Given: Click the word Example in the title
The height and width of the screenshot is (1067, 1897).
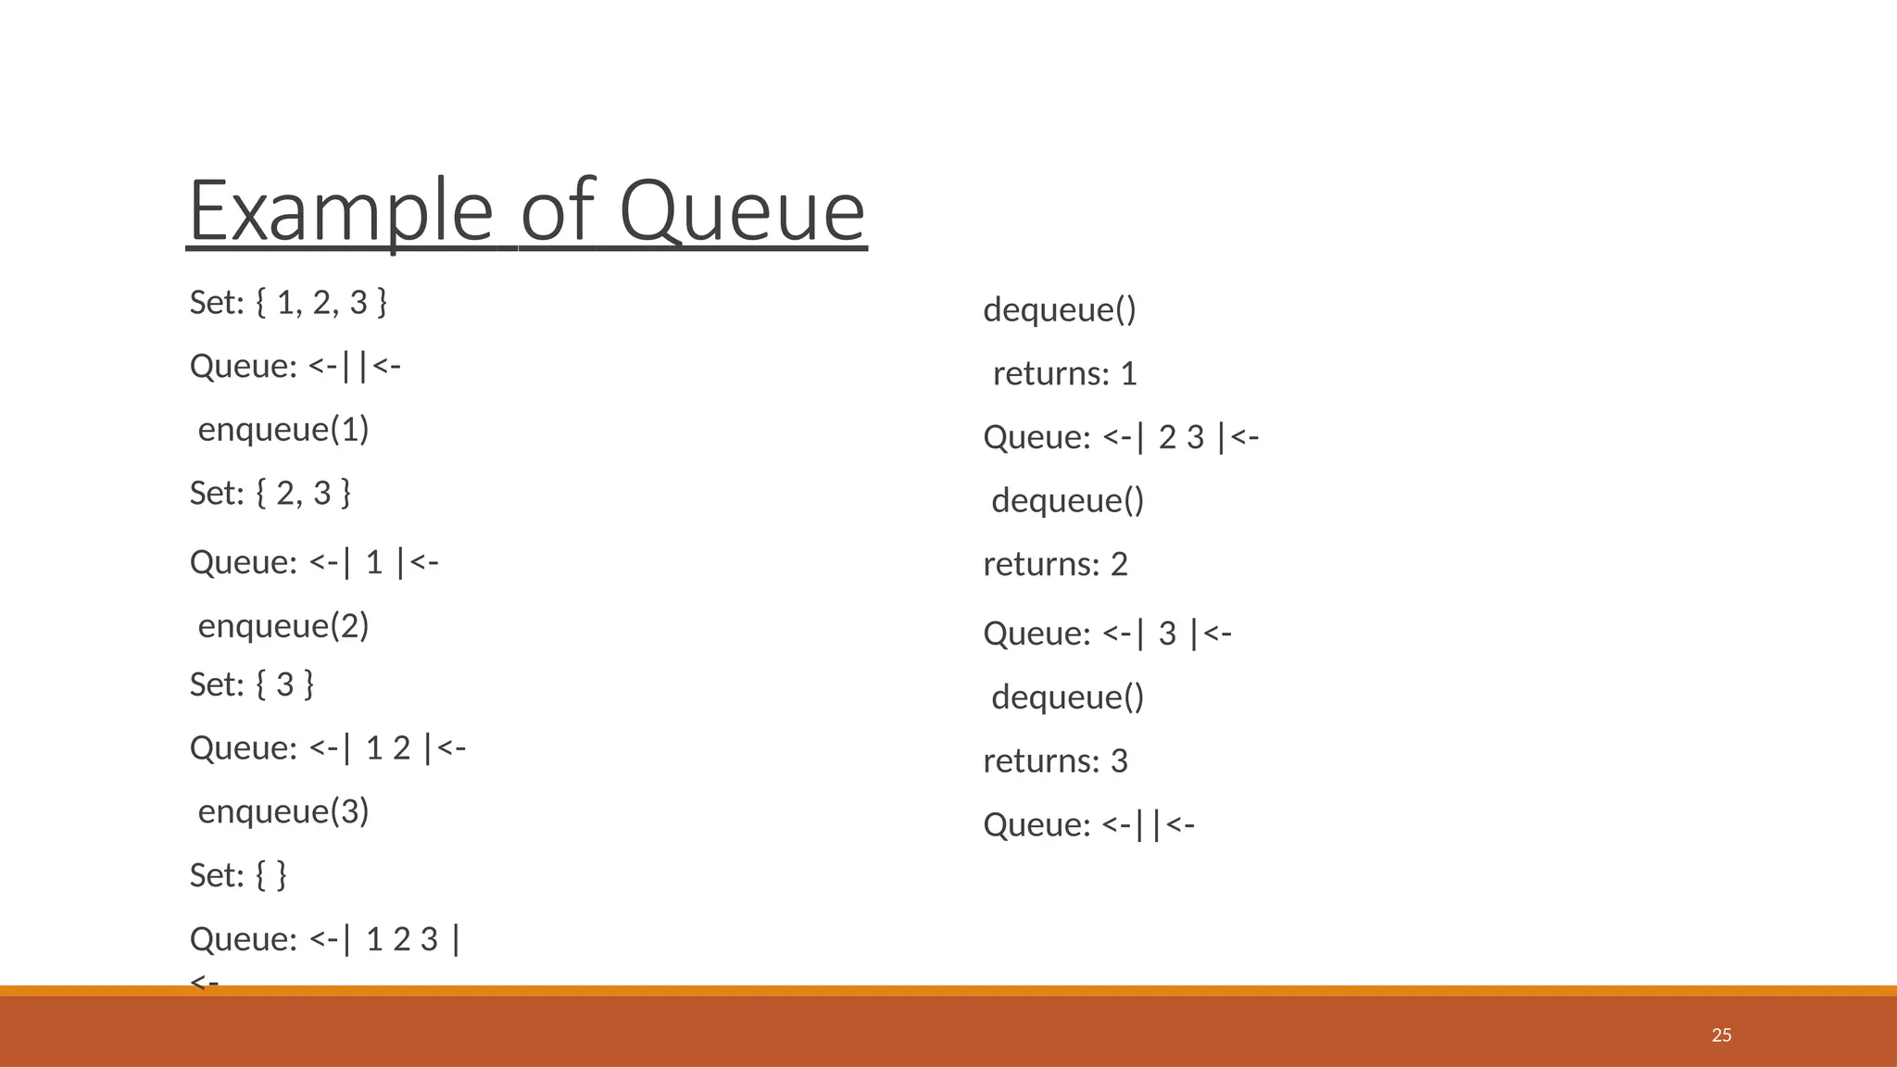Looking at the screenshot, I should pyautogui.click(x=340, y=211).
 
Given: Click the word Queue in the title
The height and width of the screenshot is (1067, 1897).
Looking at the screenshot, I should pyautogui.click(x=742, y=211).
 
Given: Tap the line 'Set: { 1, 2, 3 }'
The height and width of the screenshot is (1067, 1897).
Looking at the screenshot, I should pyautogui.click(x=288, y=302).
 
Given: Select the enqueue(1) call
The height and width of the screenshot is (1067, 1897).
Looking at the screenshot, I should pyautogui.click(x=283, y=429).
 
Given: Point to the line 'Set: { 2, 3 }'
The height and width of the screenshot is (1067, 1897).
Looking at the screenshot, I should pyautogui.click(x=270, y=493).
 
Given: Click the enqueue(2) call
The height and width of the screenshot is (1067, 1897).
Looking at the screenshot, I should pyautogui.click(x=283, y=625).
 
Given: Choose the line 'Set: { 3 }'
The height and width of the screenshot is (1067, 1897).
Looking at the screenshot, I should pyautogui.click(x=252, y=684).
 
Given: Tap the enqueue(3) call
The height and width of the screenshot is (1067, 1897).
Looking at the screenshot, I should pyautogui.click(x=283, y=810).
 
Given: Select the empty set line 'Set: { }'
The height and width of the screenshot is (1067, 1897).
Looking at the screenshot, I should pyautogui.click(x=238, y=874).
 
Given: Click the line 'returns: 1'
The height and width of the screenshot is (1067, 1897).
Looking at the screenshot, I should pyautogui.click(x=1064, y=373).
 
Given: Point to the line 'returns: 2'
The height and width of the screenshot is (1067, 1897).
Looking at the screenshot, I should pyautogui.click(x=1055, y=564).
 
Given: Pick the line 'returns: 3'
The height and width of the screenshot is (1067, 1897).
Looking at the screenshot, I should pyautogui.click(x=1055, y=760).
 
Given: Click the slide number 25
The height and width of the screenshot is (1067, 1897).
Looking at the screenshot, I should pyautogui.click(x=1721, y=1035).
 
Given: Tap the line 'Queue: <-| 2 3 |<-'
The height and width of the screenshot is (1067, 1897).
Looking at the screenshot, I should pyautogui.click(x=1121, y=437).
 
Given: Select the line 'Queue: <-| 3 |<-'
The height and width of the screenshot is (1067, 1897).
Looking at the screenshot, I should pyautogui.click(x=1107, y=634).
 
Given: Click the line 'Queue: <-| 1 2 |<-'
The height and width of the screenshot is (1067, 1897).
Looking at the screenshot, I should pyautogui.click(x=328, y=747).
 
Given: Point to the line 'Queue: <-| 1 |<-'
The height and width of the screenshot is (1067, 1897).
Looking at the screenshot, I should pyautogui.click(x=314, y=562).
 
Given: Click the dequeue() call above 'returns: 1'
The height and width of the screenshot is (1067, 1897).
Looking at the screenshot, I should pyautogui.click(x=1060, y=309).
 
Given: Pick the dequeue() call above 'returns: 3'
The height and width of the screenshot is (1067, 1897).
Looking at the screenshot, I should pyautogui.click(x=1068, y=697).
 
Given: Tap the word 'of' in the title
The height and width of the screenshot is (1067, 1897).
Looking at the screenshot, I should pyautogui.click(x=556, y=211).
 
